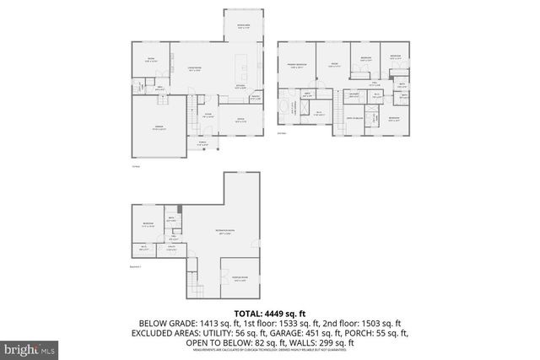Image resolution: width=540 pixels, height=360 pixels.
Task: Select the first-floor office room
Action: pos(240,119)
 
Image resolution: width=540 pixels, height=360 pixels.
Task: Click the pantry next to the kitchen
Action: pos(256,99)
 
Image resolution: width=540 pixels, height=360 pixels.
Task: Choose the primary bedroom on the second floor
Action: pos(296,67)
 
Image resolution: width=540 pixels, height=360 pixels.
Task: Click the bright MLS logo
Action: pos(30,347)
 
